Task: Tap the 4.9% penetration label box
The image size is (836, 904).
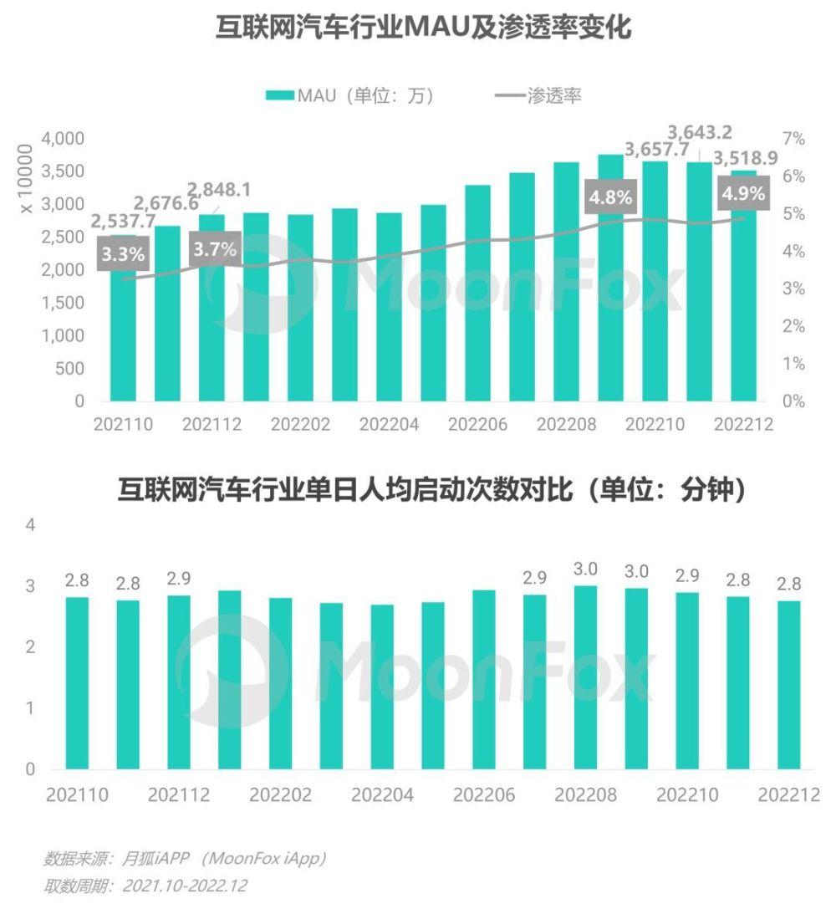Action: click(x=742, y=193)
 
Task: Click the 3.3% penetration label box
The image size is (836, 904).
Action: click(x=122, y=253)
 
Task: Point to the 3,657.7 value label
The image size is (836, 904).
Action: click(x=657, y=150)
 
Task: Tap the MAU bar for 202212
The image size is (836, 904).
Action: click(x=743, y=301)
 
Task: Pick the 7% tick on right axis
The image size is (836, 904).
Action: click(x=793, y=139)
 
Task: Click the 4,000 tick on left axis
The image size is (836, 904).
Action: click(x=62, y=139)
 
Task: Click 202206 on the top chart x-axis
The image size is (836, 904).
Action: click(x=477, y=425)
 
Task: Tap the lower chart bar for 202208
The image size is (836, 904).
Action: click(x=586, y=677)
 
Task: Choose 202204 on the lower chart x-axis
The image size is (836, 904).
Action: click(x=382, y=794)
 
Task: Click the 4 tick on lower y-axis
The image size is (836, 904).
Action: click(x=30, y=526)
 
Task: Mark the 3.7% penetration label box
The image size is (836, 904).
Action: click(x=214, y=248)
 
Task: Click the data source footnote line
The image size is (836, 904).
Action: click(x=184, y=858)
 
